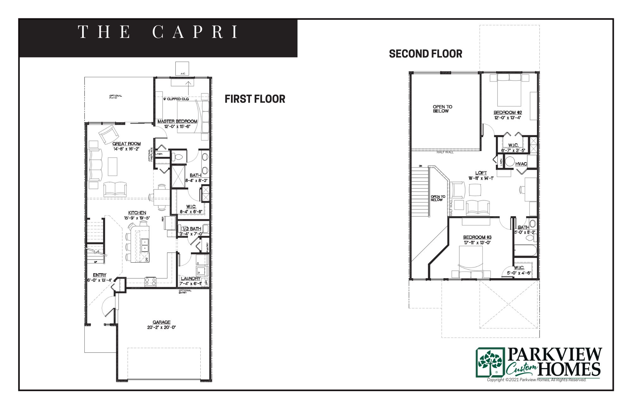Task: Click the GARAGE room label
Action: coord(161,322)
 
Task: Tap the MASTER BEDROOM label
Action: coord(177,121)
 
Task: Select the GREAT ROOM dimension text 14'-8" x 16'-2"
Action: coord(126,149)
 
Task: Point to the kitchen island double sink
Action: coord(145,245)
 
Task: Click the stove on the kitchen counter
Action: coord(150,281)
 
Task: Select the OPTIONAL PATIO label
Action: coord(115,97)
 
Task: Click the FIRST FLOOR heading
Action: coord(255,99)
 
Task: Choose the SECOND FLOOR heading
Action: coord(425,54)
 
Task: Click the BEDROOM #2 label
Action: coord(507,113)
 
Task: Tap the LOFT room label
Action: coord(481,173)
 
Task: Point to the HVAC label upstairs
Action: coord(521,164)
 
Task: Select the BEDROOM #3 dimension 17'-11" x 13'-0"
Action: coord(477,243)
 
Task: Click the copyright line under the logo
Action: coord(537,380)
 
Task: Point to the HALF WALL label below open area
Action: coord(445,152)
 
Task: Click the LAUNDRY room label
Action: coord(191,278)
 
